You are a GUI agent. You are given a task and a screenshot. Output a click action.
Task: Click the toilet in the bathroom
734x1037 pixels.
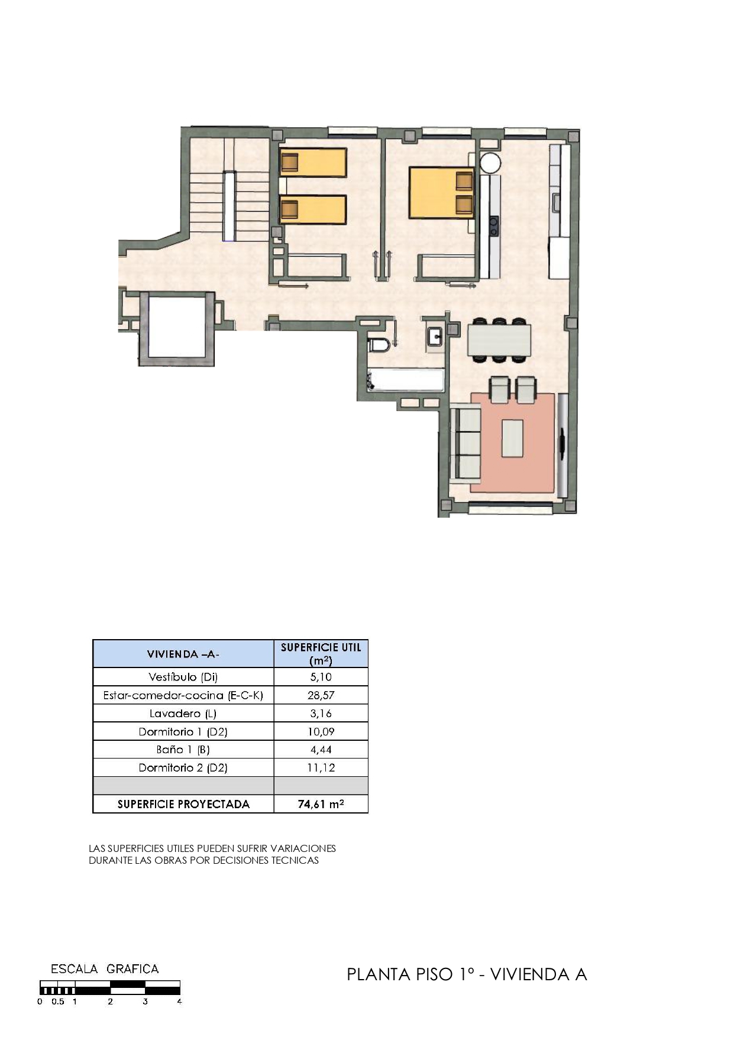point(379,344)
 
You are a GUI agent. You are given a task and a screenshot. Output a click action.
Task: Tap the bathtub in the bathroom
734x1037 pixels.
point(405,380)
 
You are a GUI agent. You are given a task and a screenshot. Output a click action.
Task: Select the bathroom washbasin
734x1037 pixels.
point(435,336)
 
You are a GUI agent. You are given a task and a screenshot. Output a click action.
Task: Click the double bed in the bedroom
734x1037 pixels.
point(441,193)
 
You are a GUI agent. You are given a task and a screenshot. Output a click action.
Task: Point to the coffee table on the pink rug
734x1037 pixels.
point(513,438)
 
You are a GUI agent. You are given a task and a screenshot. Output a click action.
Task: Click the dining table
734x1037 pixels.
point(499,340)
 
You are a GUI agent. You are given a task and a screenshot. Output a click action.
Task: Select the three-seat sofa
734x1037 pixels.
point(465,443)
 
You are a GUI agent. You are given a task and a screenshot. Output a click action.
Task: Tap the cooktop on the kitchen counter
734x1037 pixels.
point(493,226)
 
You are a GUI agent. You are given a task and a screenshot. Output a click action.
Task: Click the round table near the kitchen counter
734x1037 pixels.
point(490,163)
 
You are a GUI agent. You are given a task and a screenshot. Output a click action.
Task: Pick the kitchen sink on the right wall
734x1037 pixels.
point(557,202)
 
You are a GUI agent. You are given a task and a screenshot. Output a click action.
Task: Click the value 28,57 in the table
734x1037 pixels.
point(321,695)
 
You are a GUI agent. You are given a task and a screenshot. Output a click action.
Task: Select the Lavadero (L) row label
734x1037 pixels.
point(183,714)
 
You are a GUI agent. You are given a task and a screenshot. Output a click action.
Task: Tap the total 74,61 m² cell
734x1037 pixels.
point(321,804)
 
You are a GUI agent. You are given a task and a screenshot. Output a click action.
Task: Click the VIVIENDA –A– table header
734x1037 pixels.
point(183,654)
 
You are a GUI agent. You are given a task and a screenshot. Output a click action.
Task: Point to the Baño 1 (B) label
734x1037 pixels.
point(183,750)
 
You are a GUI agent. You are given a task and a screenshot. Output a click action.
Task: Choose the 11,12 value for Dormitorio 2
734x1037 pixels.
point(321,768)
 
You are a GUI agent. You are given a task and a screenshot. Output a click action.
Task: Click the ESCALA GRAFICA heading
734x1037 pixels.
point(105,969)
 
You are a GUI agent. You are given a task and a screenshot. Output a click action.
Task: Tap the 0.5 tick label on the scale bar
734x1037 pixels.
point(57,1002)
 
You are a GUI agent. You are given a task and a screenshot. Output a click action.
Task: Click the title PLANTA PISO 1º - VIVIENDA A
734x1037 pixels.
point(467,974)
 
